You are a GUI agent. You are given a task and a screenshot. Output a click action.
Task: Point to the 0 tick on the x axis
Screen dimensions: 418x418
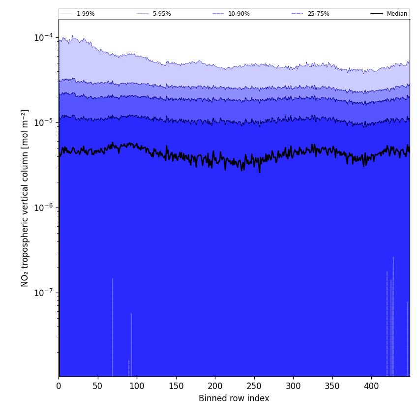click(x=59, y=386)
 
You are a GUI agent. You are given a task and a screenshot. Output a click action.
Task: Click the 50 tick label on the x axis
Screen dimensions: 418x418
click(x=97, y=386)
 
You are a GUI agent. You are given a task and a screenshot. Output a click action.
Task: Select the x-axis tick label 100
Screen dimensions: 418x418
click(x=137, y=386)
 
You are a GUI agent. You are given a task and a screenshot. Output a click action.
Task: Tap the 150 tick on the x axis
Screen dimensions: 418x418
click(x=176, y=386)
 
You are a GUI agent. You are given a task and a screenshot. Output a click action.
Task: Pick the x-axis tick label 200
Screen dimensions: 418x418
click(x=215, y=386)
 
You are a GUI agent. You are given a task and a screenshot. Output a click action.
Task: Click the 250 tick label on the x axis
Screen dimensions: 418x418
click(x=254, y=386)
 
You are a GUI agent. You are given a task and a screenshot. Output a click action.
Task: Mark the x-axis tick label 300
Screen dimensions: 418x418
click(x=293, y=386)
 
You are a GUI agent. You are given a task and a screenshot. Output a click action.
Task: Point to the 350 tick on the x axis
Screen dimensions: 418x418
click(x=332, y=386)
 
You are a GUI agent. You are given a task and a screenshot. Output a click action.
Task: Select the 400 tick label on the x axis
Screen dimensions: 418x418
click(x=371, y=386)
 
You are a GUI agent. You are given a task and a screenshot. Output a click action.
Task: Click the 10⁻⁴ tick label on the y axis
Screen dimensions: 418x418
click(x=44, y=37)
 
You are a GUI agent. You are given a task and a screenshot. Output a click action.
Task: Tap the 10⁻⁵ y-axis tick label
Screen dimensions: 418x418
click(x=44, y=122)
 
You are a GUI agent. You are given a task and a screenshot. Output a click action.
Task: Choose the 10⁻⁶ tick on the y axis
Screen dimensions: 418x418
click(x=44, y=207)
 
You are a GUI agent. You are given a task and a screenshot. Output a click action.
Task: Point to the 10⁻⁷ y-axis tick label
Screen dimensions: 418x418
click(x=44, y=292)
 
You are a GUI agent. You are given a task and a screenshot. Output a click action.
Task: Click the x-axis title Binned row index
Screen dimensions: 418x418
click(x=234, y=398)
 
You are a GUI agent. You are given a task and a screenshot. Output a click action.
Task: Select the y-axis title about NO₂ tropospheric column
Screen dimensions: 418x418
click(x=25, y=198)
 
